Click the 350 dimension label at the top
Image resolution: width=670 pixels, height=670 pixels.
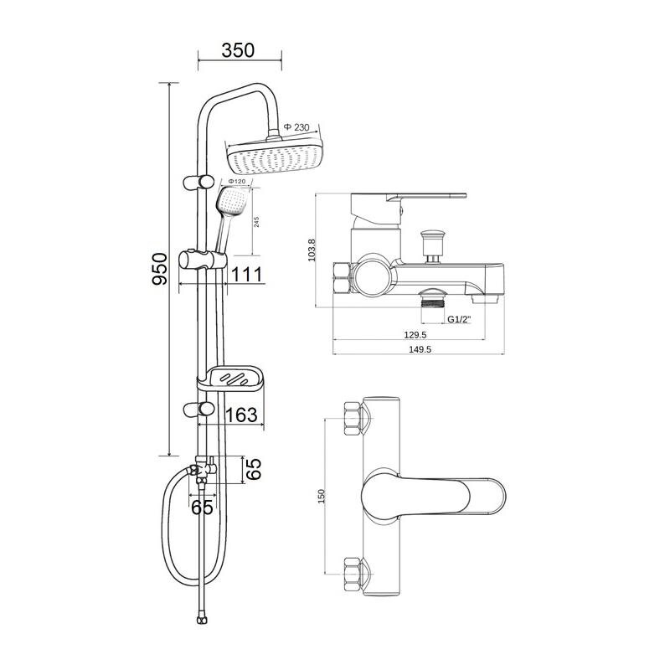coord(238,50)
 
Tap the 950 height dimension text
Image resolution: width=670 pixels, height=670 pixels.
coord(160,269)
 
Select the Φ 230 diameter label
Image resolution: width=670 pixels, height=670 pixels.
coord(296,127)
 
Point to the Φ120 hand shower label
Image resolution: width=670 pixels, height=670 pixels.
coord(236,182)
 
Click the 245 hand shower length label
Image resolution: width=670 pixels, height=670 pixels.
coord(256,222)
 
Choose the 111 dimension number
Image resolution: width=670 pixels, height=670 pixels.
coord(246,275)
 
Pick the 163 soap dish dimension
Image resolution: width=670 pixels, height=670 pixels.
coord(241,415)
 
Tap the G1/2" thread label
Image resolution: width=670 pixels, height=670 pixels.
coord(458,319)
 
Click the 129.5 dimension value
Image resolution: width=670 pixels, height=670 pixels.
coord(415,335)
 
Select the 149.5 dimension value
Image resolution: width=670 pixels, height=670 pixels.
coord(420,349)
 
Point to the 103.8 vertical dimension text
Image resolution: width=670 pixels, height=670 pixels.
coord(311,250)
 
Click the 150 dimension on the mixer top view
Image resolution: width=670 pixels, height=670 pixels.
coord(322,496)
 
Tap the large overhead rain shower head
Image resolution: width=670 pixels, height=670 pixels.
coord(275,156)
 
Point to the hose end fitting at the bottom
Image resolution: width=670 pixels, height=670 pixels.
coord(200,620)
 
